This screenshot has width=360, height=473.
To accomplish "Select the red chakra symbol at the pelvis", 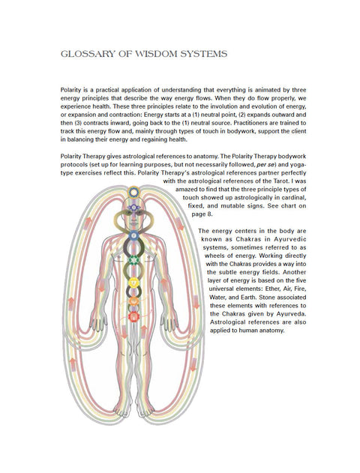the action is [x=134, y=316].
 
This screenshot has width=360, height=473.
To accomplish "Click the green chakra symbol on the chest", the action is [x=134, y=260].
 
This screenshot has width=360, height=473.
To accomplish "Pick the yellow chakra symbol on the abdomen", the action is [x=134, y=283].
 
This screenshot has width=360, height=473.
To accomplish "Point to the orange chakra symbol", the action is [x=134, y=301].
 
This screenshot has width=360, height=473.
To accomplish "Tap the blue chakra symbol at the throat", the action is [x=134, y=235].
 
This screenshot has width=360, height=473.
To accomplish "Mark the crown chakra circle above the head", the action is [x=134, y=191].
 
